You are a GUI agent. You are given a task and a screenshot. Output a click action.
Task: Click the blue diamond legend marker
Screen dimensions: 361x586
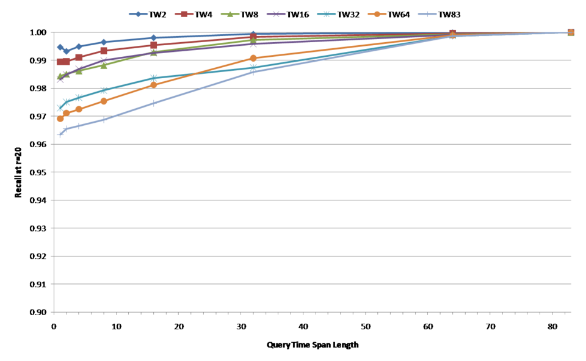138,14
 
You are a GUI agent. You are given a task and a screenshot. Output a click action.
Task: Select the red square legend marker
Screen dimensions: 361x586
184,14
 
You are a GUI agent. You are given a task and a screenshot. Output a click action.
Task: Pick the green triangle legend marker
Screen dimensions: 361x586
230,14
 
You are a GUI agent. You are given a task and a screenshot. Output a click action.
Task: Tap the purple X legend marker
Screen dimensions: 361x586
276,14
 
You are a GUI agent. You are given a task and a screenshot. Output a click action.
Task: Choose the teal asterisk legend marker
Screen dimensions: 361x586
326,14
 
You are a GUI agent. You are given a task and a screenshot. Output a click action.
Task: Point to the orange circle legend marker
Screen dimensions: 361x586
377,14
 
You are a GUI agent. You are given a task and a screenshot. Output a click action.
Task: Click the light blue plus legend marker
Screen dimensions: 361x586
427,14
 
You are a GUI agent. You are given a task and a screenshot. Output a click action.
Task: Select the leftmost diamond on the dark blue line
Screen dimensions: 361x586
60,46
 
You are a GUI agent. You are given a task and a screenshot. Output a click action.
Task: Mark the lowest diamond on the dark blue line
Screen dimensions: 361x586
66,51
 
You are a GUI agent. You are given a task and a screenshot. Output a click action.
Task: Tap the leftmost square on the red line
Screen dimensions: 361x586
60,62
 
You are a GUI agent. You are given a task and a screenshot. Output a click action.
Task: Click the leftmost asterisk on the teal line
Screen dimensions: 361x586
60,108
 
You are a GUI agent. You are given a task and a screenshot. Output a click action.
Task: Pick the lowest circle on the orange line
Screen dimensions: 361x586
60,119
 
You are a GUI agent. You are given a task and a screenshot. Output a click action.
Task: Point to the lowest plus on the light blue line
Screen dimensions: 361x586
60,135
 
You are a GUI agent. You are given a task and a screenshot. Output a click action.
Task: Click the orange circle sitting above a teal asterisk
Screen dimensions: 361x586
253,58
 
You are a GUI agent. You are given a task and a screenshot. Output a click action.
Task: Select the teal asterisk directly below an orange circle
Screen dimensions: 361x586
253,68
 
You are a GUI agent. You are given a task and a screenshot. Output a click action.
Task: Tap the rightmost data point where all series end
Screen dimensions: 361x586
571,32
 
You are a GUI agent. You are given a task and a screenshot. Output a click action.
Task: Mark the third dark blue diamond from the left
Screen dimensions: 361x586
79,46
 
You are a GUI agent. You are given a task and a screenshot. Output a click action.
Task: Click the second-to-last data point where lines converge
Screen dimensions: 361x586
452,34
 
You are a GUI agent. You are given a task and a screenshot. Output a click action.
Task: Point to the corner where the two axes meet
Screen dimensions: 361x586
54,312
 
